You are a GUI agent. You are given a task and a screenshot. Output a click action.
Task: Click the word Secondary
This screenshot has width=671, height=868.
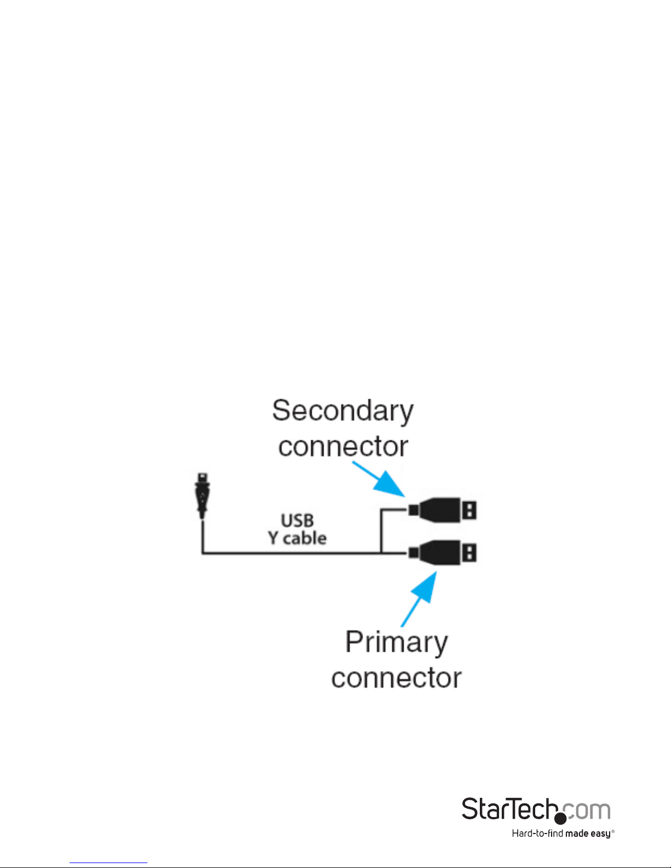(343, 411)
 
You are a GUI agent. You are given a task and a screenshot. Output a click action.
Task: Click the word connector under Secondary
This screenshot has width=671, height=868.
(343, 446)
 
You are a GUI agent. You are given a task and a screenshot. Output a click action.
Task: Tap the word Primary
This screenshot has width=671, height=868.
(397, 642)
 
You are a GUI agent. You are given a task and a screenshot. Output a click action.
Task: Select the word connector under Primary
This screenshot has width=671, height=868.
(397, 678)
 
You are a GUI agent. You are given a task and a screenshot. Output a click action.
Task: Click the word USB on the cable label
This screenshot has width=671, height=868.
(297, 520)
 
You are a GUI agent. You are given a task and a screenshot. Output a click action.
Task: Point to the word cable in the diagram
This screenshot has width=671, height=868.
(305, 538)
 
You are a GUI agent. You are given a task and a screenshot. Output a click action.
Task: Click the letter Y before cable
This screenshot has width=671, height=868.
(273, 538)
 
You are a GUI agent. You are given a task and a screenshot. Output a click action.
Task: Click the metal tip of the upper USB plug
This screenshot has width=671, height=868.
(469, 510)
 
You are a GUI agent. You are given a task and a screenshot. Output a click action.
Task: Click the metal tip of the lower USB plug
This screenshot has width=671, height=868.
(469, 553)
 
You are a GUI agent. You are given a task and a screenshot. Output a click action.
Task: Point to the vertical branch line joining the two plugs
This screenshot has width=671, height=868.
(381, 531)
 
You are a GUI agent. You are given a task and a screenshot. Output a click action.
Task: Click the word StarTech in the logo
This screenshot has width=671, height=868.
(509, 809)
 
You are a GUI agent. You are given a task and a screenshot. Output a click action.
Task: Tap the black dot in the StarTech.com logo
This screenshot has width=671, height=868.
(560, 818)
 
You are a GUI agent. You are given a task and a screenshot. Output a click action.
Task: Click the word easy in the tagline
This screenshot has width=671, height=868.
(600, 833)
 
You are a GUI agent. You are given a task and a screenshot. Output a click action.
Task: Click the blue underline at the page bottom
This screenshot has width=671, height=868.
(108, 863)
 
